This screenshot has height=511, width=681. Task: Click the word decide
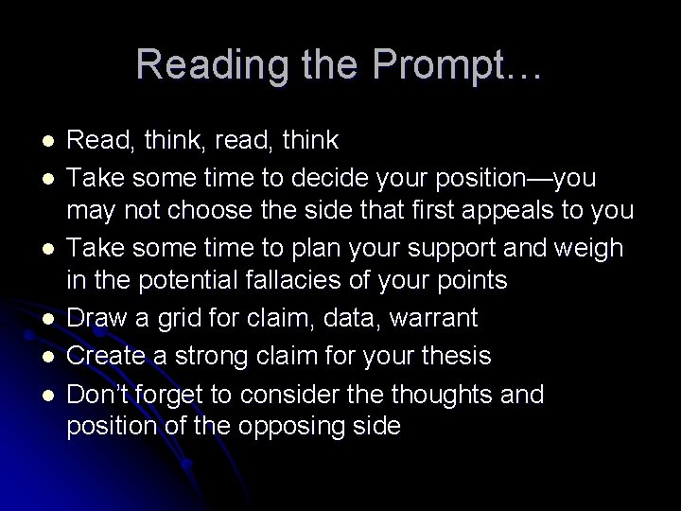[343, 178]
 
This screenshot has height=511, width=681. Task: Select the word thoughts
[441, 391]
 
